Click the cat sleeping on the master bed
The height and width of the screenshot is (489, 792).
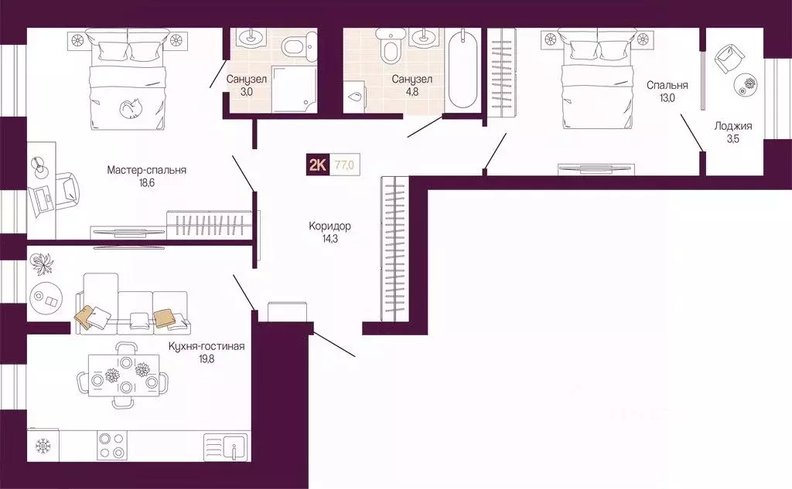[131, 107]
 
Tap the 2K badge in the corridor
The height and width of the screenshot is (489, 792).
[317, 165]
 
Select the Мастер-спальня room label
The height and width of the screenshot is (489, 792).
[146, 170]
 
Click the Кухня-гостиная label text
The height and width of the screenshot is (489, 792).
[207, 347]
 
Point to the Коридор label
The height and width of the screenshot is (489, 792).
[329, 226]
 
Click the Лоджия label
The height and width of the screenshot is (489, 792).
[733, 126]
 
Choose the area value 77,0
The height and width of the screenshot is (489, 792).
[345, 165]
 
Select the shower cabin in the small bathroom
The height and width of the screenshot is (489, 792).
[294, 89]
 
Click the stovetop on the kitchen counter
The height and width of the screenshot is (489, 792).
[111, 445]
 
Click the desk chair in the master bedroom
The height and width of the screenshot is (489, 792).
[67, 190]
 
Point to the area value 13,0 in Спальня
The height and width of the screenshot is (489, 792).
[667, 98]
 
